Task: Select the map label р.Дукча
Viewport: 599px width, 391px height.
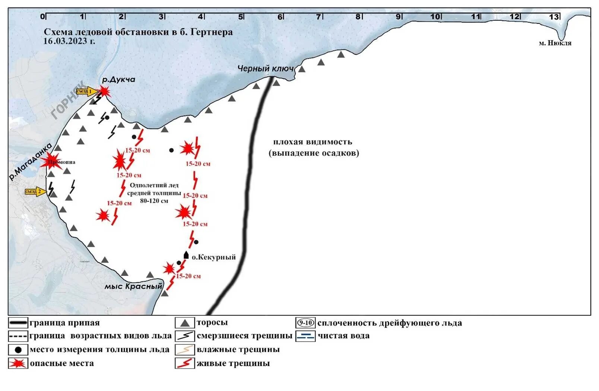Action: [x=118, y=80]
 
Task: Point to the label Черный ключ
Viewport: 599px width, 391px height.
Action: [x=266, y=69]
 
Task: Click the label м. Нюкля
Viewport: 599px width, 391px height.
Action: [x=555, y=43]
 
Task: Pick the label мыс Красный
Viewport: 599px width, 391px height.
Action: [x=133, y=286]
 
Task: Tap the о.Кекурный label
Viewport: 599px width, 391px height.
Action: [x=213, y=257]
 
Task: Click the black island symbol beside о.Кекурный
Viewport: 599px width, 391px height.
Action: [x=186, y=255]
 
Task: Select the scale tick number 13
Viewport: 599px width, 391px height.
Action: [x=554, y=17]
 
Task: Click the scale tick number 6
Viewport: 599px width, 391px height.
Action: [x=280, y=17]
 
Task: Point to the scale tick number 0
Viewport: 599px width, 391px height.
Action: [x=42, y=17]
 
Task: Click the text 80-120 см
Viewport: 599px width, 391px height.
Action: [x=154, y=201]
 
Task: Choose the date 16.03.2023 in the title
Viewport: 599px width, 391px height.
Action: [x=69, y=41]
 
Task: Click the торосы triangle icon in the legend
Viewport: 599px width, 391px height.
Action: [x=184, y=323]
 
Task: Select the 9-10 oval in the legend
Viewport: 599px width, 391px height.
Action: [x=305, y=323]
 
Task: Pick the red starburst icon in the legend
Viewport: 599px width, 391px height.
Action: [x=18, y=363]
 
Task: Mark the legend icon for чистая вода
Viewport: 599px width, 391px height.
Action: [x=305, y=336]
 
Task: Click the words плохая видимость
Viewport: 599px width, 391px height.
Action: [x=313, y=142]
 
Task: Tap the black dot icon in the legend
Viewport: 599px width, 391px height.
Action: [x=18, y=350]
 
